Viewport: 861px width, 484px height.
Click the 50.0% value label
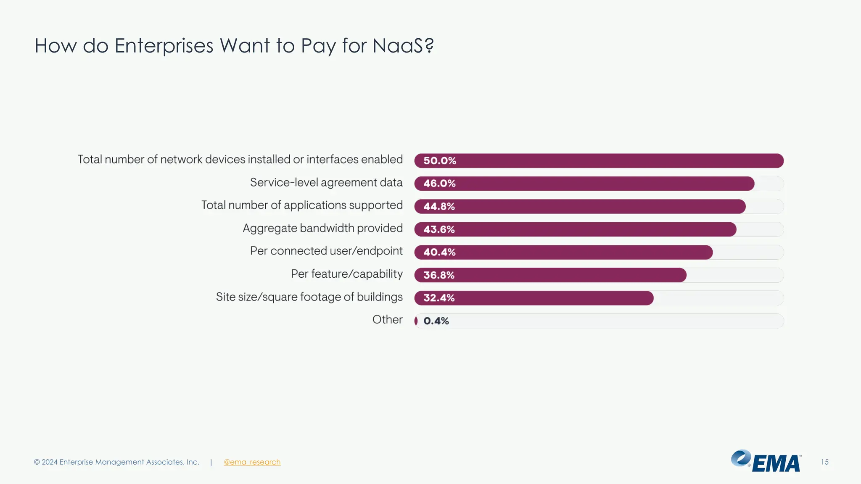pyautogui.click(x=439, y=160)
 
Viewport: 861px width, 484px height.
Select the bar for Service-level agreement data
pyautogui.click(x=584, y=184)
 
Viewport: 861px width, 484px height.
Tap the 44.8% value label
pyautogui.click(x=439, y=206)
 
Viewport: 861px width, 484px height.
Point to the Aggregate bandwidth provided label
pyautogui.click(x=322, y=228)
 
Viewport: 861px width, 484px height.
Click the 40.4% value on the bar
pyautogui.click(x=439, y=252)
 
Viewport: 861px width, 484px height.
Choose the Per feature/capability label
pyautogui.click(x=346, y=274)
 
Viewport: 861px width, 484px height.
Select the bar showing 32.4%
pyautogui.click(x=534, y=298)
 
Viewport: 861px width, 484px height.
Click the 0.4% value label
pyautogui.click(x=436, y=321)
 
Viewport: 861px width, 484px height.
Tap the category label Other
pyautogui.click(x=387, y=320)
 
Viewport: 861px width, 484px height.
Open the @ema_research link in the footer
pyautogui.click(x=252, y=462)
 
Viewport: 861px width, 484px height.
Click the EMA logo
pyautogui.click(x=766, y=461)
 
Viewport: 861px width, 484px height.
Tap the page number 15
pyautogui.click(x=824, y=462)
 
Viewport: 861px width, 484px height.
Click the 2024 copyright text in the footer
pyautogui.click(x=116, y=462)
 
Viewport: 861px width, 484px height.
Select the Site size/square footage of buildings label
pyautogui.click(x=309, y=297)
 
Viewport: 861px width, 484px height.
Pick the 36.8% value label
pyautogui.click(x=439, y=275)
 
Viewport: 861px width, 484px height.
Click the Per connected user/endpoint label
pyautogui.click(x=326, y=251)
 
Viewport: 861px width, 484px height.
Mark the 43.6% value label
pyautogui.click(x=439, y=229)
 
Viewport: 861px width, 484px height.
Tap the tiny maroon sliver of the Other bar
pyautogui.click(x=416, y=321)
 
